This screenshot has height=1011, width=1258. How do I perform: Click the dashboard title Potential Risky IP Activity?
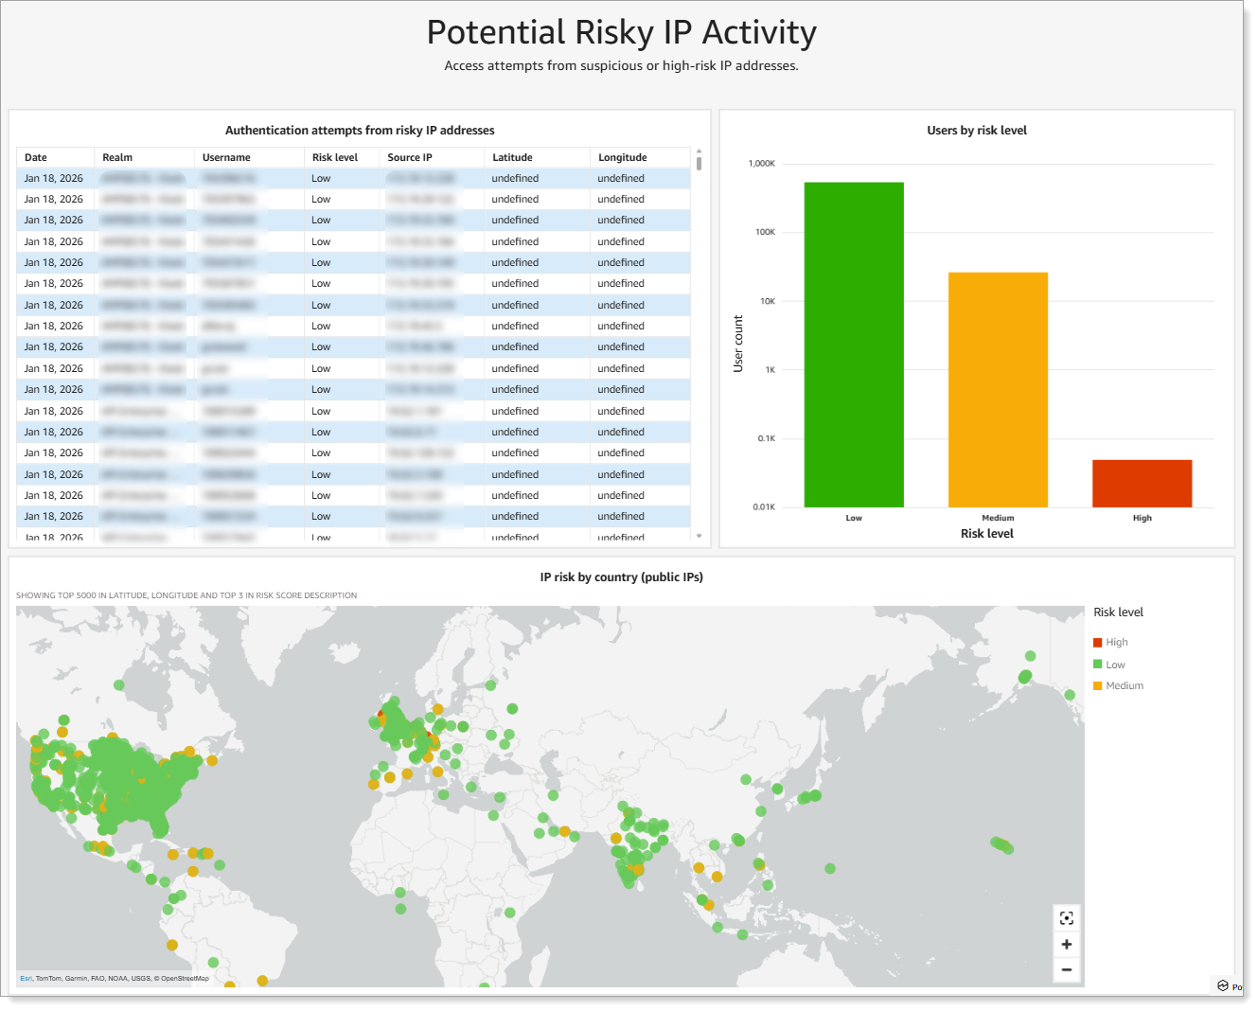pyautogui.click(x=621, y=33)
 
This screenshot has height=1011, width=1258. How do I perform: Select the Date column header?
pyautogui.click(x=36, y=157)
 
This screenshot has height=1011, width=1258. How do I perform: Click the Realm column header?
pyautogui.click(x=117, y=157)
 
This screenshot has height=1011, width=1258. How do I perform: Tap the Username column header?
pyautogui.click(x=226, y=157)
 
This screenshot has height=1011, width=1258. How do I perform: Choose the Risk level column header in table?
pyautogui.click(x=335, y=157)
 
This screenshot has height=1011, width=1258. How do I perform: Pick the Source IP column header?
pyautogui.click(x=410, y=157)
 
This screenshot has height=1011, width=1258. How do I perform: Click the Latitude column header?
pyautogui.click(x=512, y=157)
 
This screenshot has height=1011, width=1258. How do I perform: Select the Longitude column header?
pyautogui.click(x=622, y=157)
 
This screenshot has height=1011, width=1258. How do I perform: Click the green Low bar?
pyautogui.click(x=854, y=345)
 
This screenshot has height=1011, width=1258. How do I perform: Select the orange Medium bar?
pyautogui.click(x=998, y=389)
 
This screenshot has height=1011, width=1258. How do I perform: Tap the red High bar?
pyautogui.click(x=1142, y=483)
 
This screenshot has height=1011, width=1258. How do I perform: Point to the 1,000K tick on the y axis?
pyautogui.click(x=762, y=164)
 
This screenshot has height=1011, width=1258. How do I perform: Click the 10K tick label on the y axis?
pyautogui.click(x=767, y=301)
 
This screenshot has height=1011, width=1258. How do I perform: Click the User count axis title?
pyautogui.click(x=738, y=343)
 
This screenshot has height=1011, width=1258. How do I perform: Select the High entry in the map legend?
pyautogui.click(x=1116, y=643)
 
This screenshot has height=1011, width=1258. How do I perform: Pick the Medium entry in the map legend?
pyautogui.click(x=1124, y=686)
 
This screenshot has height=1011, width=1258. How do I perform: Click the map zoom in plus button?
pyautogui.click(x=1067, y=944)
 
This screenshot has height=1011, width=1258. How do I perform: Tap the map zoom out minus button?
pyautogui.click(x=1067, y=969)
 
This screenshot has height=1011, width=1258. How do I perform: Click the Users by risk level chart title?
pyautogui.click(x=977, y=131)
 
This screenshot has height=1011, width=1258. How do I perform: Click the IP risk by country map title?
pyautogui.click(x=621, y=577)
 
